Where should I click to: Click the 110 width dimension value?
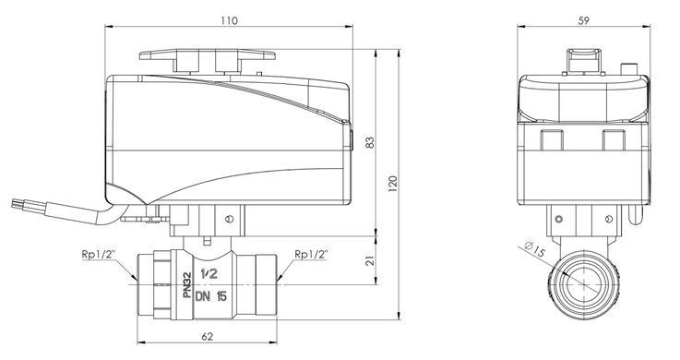coord(229,20)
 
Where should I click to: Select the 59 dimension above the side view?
coord(584,20)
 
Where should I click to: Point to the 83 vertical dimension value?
coord(369,142)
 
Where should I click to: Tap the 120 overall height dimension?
coord(392,184)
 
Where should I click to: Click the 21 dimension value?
coord(369,260)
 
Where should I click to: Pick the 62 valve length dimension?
coord(208,336)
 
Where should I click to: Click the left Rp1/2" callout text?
coord(99,254)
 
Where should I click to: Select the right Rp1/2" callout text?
coord(311,254)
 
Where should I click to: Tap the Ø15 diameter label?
coord(535,249)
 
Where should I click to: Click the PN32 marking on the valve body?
coord(187,284)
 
